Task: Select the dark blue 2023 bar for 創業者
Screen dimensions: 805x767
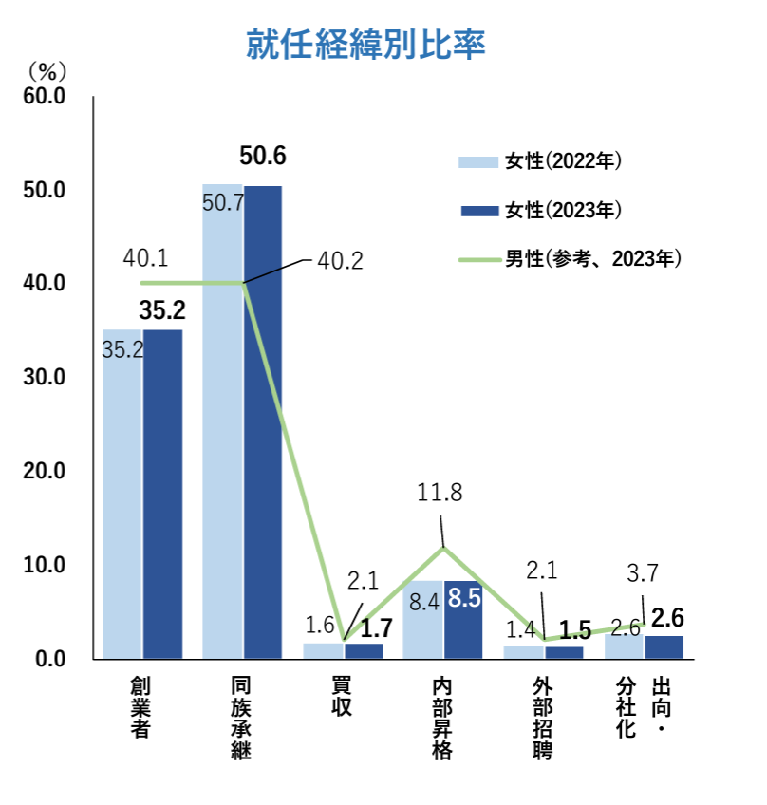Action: [162, 494]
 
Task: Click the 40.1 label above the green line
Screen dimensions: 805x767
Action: [145, 257]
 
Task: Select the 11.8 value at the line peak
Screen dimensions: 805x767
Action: [440, 493]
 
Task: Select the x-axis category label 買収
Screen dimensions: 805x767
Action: [342, 697]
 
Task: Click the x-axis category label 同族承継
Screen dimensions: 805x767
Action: [242, 718]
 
